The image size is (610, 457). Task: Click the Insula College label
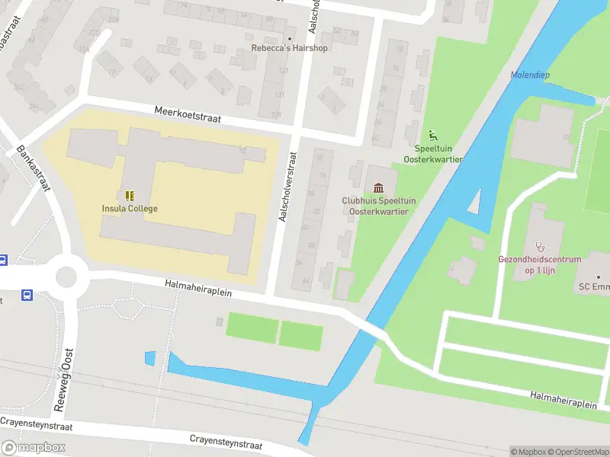130,208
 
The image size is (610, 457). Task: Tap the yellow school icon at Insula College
130,195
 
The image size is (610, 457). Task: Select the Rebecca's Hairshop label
289,48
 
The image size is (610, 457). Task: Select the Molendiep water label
530,75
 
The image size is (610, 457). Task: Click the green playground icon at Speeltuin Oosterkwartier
433,135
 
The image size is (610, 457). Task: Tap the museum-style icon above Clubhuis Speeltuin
379,188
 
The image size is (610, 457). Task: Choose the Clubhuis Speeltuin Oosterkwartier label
378,206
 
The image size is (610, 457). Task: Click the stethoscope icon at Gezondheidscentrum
540,246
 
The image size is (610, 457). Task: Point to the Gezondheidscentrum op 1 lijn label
540,264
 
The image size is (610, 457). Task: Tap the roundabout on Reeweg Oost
66,273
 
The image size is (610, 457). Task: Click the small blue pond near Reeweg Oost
149,357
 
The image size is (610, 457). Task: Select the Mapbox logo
34,448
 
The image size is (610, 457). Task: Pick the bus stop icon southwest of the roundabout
27,295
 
